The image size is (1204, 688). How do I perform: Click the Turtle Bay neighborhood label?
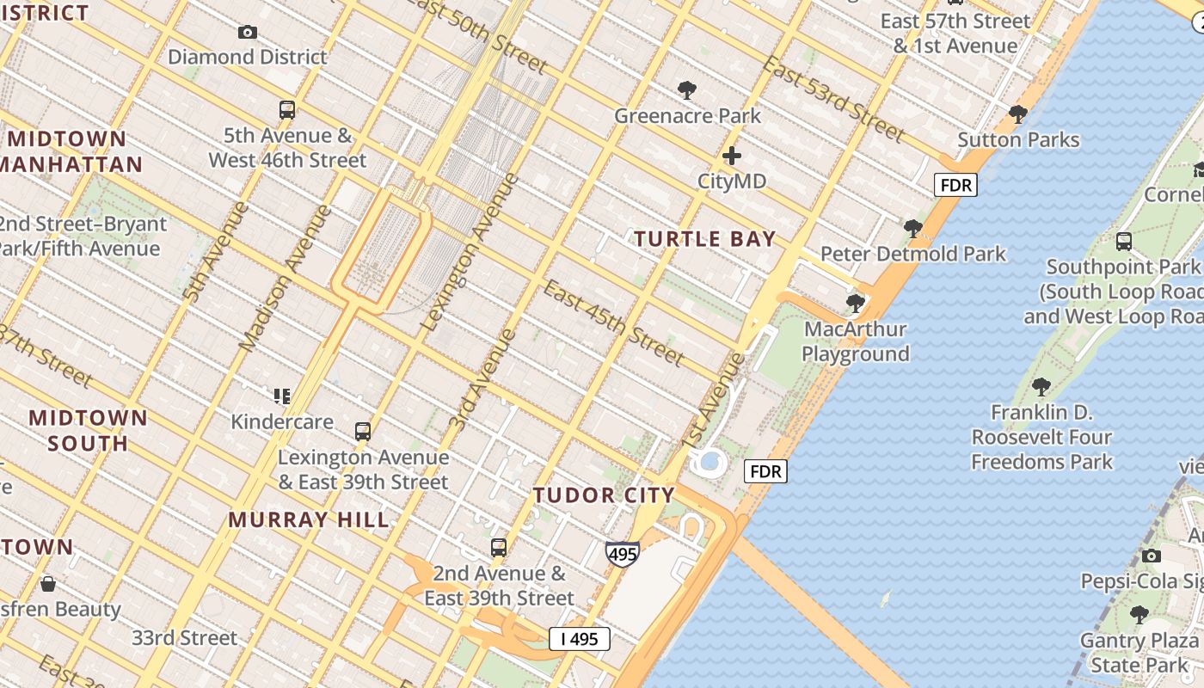[705, 239]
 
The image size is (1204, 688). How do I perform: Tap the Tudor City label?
[604, 495]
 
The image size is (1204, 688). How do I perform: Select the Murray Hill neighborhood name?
[309, 519]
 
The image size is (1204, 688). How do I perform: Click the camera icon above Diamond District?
[248, 33]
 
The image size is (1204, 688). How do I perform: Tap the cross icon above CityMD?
[732, 156]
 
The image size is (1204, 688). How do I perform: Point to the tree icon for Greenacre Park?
[686, 89]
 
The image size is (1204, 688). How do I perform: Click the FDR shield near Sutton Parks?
[956, 185]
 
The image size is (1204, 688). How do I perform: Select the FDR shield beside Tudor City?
[765, 471]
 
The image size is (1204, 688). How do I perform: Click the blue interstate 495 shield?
[622, 554]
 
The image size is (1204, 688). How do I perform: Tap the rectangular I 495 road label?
[580, 639]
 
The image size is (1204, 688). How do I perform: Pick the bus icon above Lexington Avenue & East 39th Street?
[363, 431]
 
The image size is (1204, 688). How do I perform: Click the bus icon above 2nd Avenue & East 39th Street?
[499, 548]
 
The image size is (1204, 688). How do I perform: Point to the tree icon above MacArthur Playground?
[855, 303]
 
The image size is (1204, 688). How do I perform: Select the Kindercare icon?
[282, 396]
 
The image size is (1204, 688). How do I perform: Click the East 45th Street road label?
[614, 322]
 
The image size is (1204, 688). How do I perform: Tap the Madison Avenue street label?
[285, 278]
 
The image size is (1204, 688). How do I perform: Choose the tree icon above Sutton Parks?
[1018, 114]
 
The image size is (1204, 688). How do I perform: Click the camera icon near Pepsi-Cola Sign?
[1152, 556]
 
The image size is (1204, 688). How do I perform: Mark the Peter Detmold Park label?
[912, 254]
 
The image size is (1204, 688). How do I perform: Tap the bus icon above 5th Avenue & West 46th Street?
[287, 110]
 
